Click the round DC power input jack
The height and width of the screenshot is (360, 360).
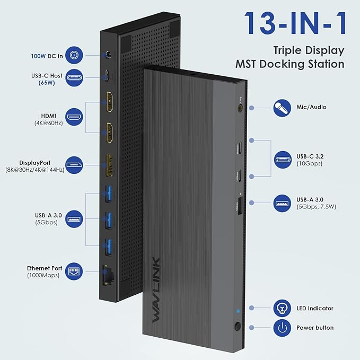[x=110, y=54]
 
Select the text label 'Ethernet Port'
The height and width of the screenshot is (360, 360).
[x=45, y=268]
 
